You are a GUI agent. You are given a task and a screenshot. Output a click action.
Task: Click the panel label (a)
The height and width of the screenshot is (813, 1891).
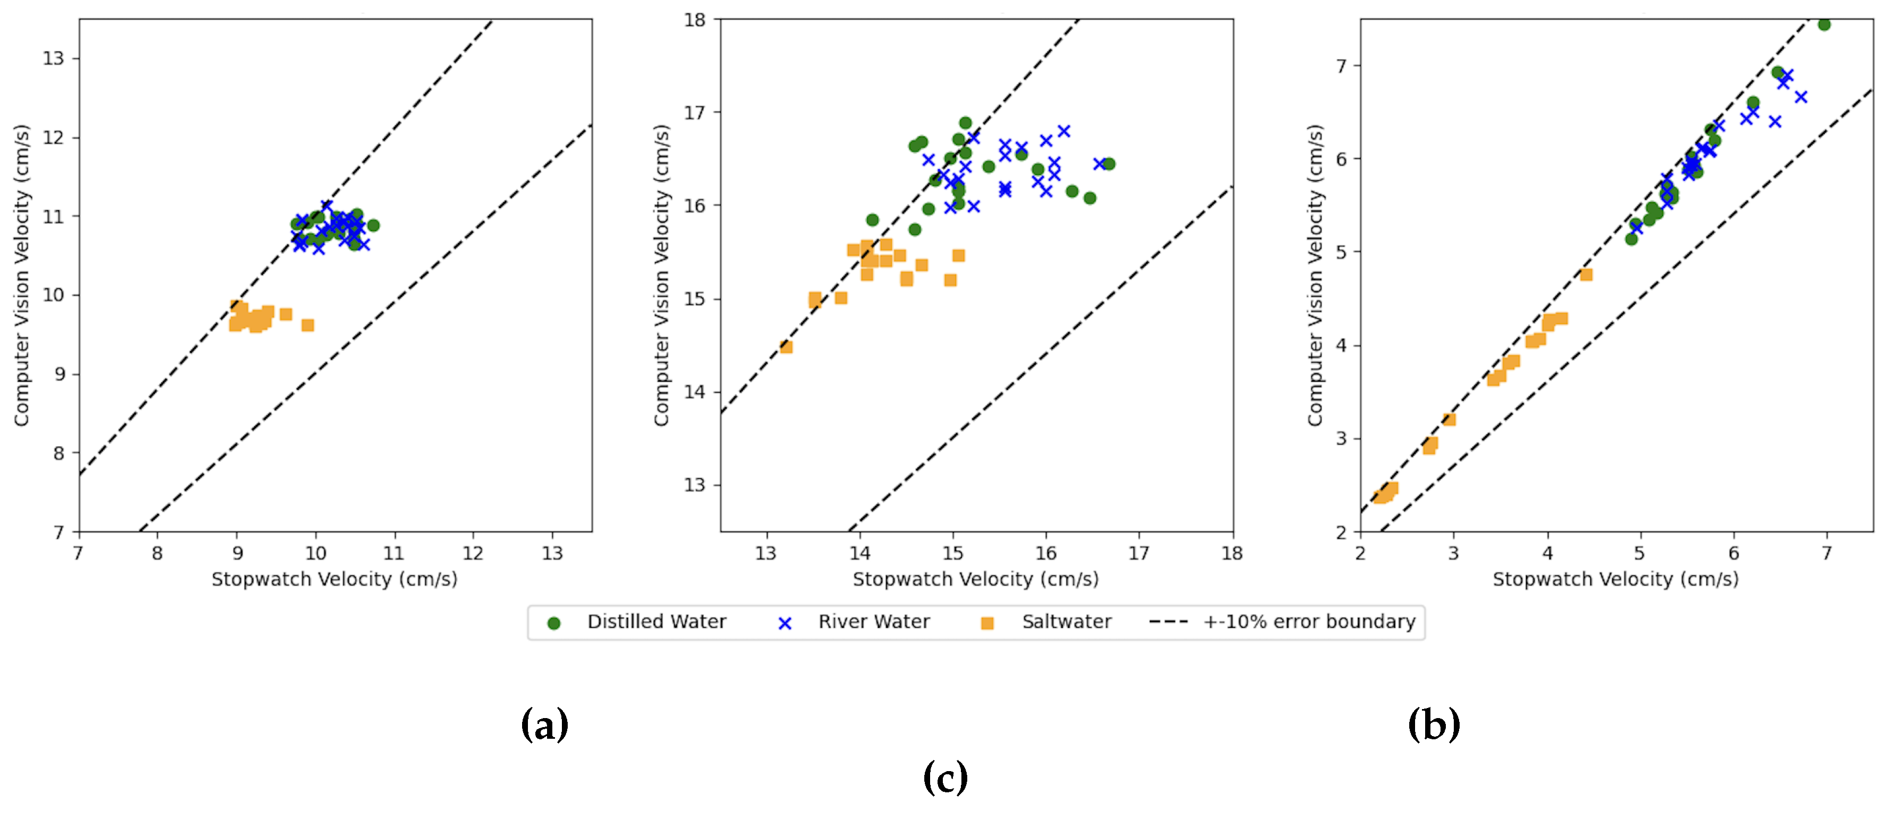pos(544,725)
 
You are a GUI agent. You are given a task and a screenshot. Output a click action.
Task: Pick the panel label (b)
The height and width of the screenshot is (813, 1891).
pos(1433,725)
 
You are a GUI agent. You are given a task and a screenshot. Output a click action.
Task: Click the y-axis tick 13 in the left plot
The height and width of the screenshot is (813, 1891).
pos(53,59)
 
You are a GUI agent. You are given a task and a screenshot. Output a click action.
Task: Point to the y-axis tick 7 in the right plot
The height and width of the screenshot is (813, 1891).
pos(1341,66)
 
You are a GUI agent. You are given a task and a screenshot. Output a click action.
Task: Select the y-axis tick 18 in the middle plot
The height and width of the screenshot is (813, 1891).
pos(695,20)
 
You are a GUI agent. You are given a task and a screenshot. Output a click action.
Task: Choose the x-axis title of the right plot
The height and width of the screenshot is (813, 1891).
pos(1615,580)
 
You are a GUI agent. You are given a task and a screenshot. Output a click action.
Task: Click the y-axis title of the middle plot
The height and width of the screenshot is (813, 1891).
pos(662,275)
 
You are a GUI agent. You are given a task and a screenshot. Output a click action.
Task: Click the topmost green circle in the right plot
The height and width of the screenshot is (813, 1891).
pos(1824,25)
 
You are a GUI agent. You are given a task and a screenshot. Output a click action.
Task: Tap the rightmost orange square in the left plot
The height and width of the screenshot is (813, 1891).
pos(308,325)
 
